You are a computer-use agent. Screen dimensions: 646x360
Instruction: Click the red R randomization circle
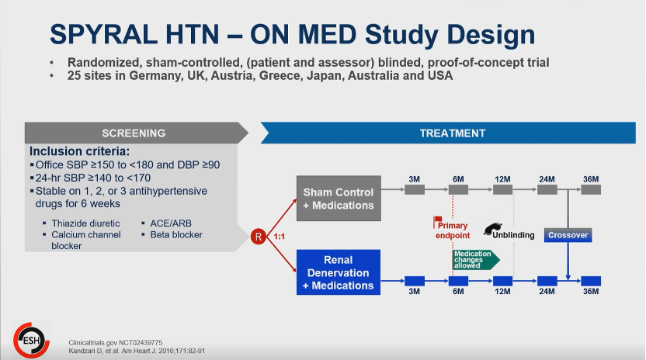coord(259,237)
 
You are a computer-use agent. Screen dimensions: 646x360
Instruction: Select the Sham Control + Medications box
coord(339,198)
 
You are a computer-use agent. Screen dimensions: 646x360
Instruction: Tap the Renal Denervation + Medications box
coord(339,272)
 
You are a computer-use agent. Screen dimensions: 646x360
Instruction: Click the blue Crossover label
coord(568,235)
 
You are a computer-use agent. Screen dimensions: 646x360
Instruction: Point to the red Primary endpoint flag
coord(437,222)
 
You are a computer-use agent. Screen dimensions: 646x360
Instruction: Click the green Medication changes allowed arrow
coord(476,260)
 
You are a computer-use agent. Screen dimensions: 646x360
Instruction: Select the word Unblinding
coord(513,235)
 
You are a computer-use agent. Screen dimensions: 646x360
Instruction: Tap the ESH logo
coord(31,341)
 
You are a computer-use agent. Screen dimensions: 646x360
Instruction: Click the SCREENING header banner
coord(137,133)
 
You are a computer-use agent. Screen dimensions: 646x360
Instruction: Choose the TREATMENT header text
coord(453,133)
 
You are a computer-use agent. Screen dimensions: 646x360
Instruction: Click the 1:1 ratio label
coord(280,237)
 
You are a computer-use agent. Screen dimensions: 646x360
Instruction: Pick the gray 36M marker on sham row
coord(591,189)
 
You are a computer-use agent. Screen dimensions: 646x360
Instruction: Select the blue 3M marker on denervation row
coord(415,281)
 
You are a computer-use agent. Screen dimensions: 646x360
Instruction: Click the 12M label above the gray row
coord(502,179)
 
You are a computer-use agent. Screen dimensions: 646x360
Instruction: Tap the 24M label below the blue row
coord(547,291)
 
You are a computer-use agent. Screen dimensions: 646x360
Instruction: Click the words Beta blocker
coord(176,235)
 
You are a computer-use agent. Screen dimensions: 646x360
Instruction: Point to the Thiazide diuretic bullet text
coord(85,223)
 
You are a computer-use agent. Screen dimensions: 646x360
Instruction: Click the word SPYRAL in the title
coord(104,34)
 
